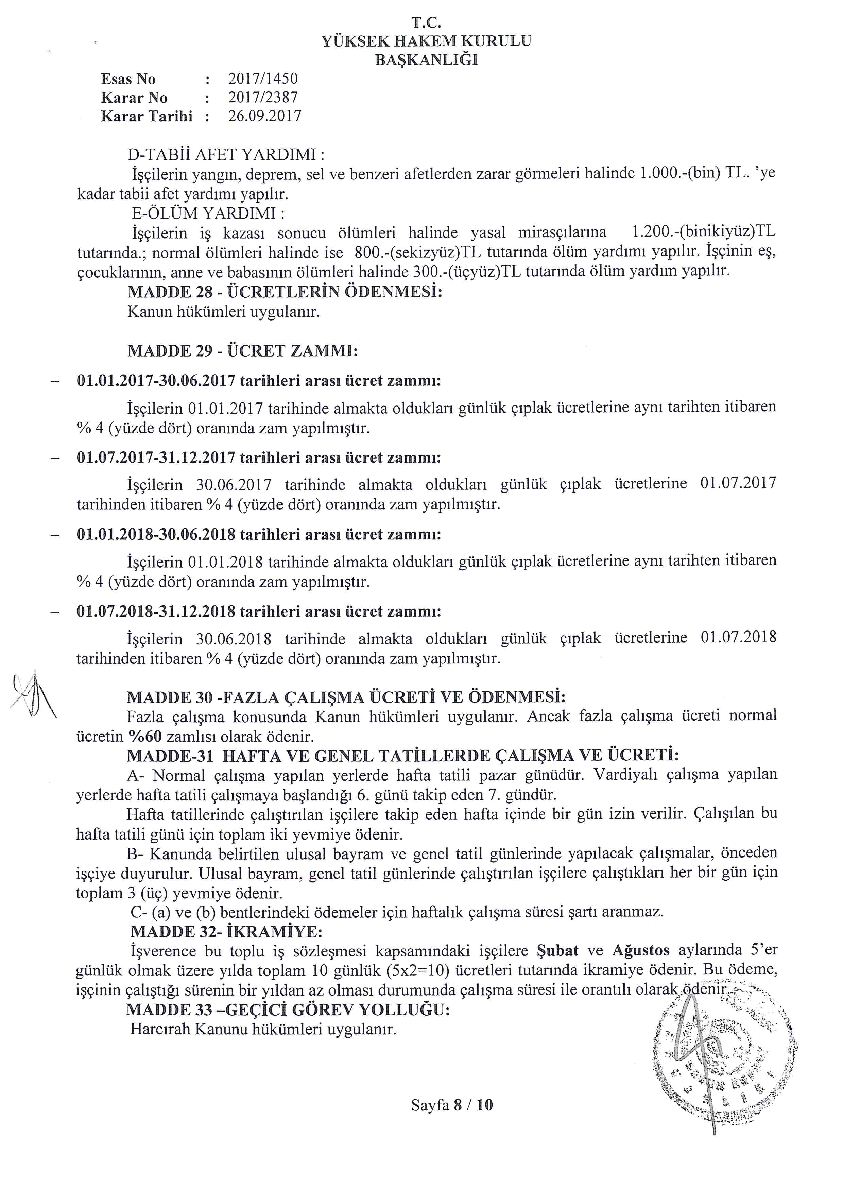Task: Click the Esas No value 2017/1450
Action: point(263,79)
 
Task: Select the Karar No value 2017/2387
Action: point(263,98)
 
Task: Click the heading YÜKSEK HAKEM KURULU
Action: point(427,41)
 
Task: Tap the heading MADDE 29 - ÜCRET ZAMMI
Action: point(242,351)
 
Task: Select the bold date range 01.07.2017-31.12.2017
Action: point(156,458)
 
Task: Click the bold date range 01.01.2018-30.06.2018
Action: point(156,535)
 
